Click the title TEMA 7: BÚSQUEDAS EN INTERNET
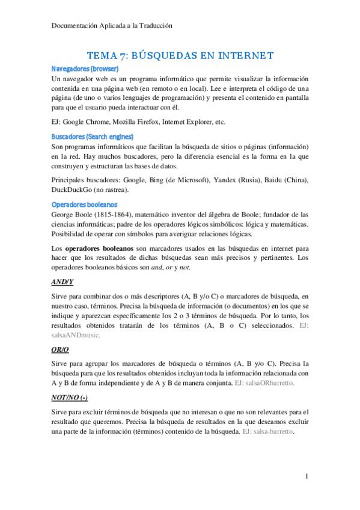pos(180,56)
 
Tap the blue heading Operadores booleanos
pos(84,204)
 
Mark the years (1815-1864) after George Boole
pos(116,214)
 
